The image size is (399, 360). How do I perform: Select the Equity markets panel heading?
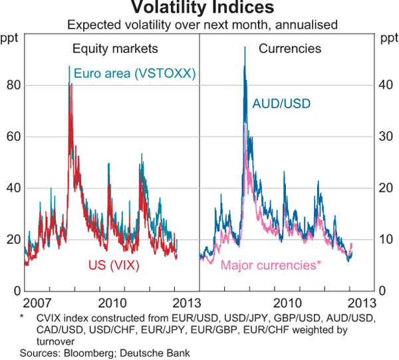[115, 48]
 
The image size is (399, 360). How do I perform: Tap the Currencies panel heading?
[290, 48]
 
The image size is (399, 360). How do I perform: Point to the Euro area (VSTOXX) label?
[135, 74]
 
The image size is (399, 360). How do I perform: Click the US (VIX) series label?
[121, 265]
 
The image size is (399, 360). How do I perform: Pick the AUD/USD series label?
[281, 103]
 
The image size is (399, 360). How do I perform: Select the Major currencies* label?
[271, 265]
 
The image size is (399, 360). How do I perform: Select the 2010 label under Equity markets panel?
[112, 302]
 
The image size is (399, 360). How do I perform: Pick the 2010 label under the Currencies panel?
[288, 302]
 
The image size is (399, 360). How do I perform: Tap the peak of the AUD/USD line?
[245, 46]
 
